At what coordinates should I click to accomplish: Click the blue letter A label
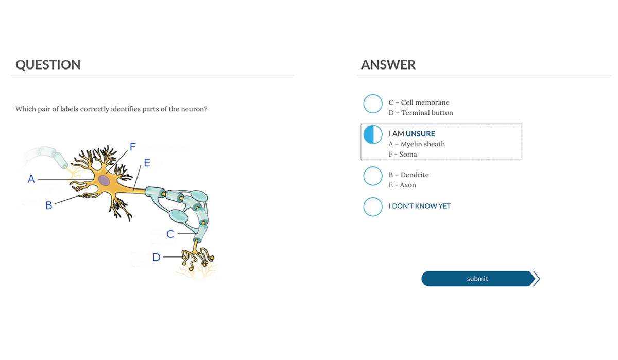[x=31, y=179]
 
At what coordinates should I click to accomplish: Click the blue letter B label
[x=49, y=206]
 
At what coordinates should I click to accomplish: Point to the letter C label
[x=170, y=234]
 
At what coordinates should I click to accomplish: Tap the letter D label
[x=157, y=257]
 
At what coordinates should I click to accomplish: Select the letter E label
[x=147, y=163]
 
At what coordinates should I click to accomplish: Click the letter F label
[x=133, y=147]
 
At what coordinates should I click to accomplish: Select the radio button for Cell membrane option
[x=373, y=104]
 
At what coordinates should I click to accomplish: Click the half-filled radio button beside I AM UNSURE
[x=373, y=134]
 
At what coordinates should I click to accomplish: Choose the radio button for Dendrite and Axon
[x=373, y=176]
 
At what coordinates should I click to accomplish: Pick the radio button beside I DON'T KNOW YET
[x=373, y=207]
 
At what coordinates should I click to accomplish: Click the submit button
[x=477, y=279]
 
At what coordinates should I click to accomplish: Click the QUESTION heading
[x=48, y=65]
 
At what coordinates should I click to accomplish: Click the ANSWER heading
[x=388, y=65]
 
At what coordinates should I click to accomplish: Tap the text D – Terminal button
[x=421, y=113]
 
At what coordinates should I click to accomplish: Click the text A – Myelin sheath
[x=417, y=144]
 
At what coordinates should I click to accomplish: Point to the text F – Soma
[x=403, y=155]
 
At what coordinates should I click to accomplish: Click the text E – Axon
[x=402, y=185]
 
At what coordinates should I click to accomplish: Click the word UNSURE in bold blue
[x=420, y=134]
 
